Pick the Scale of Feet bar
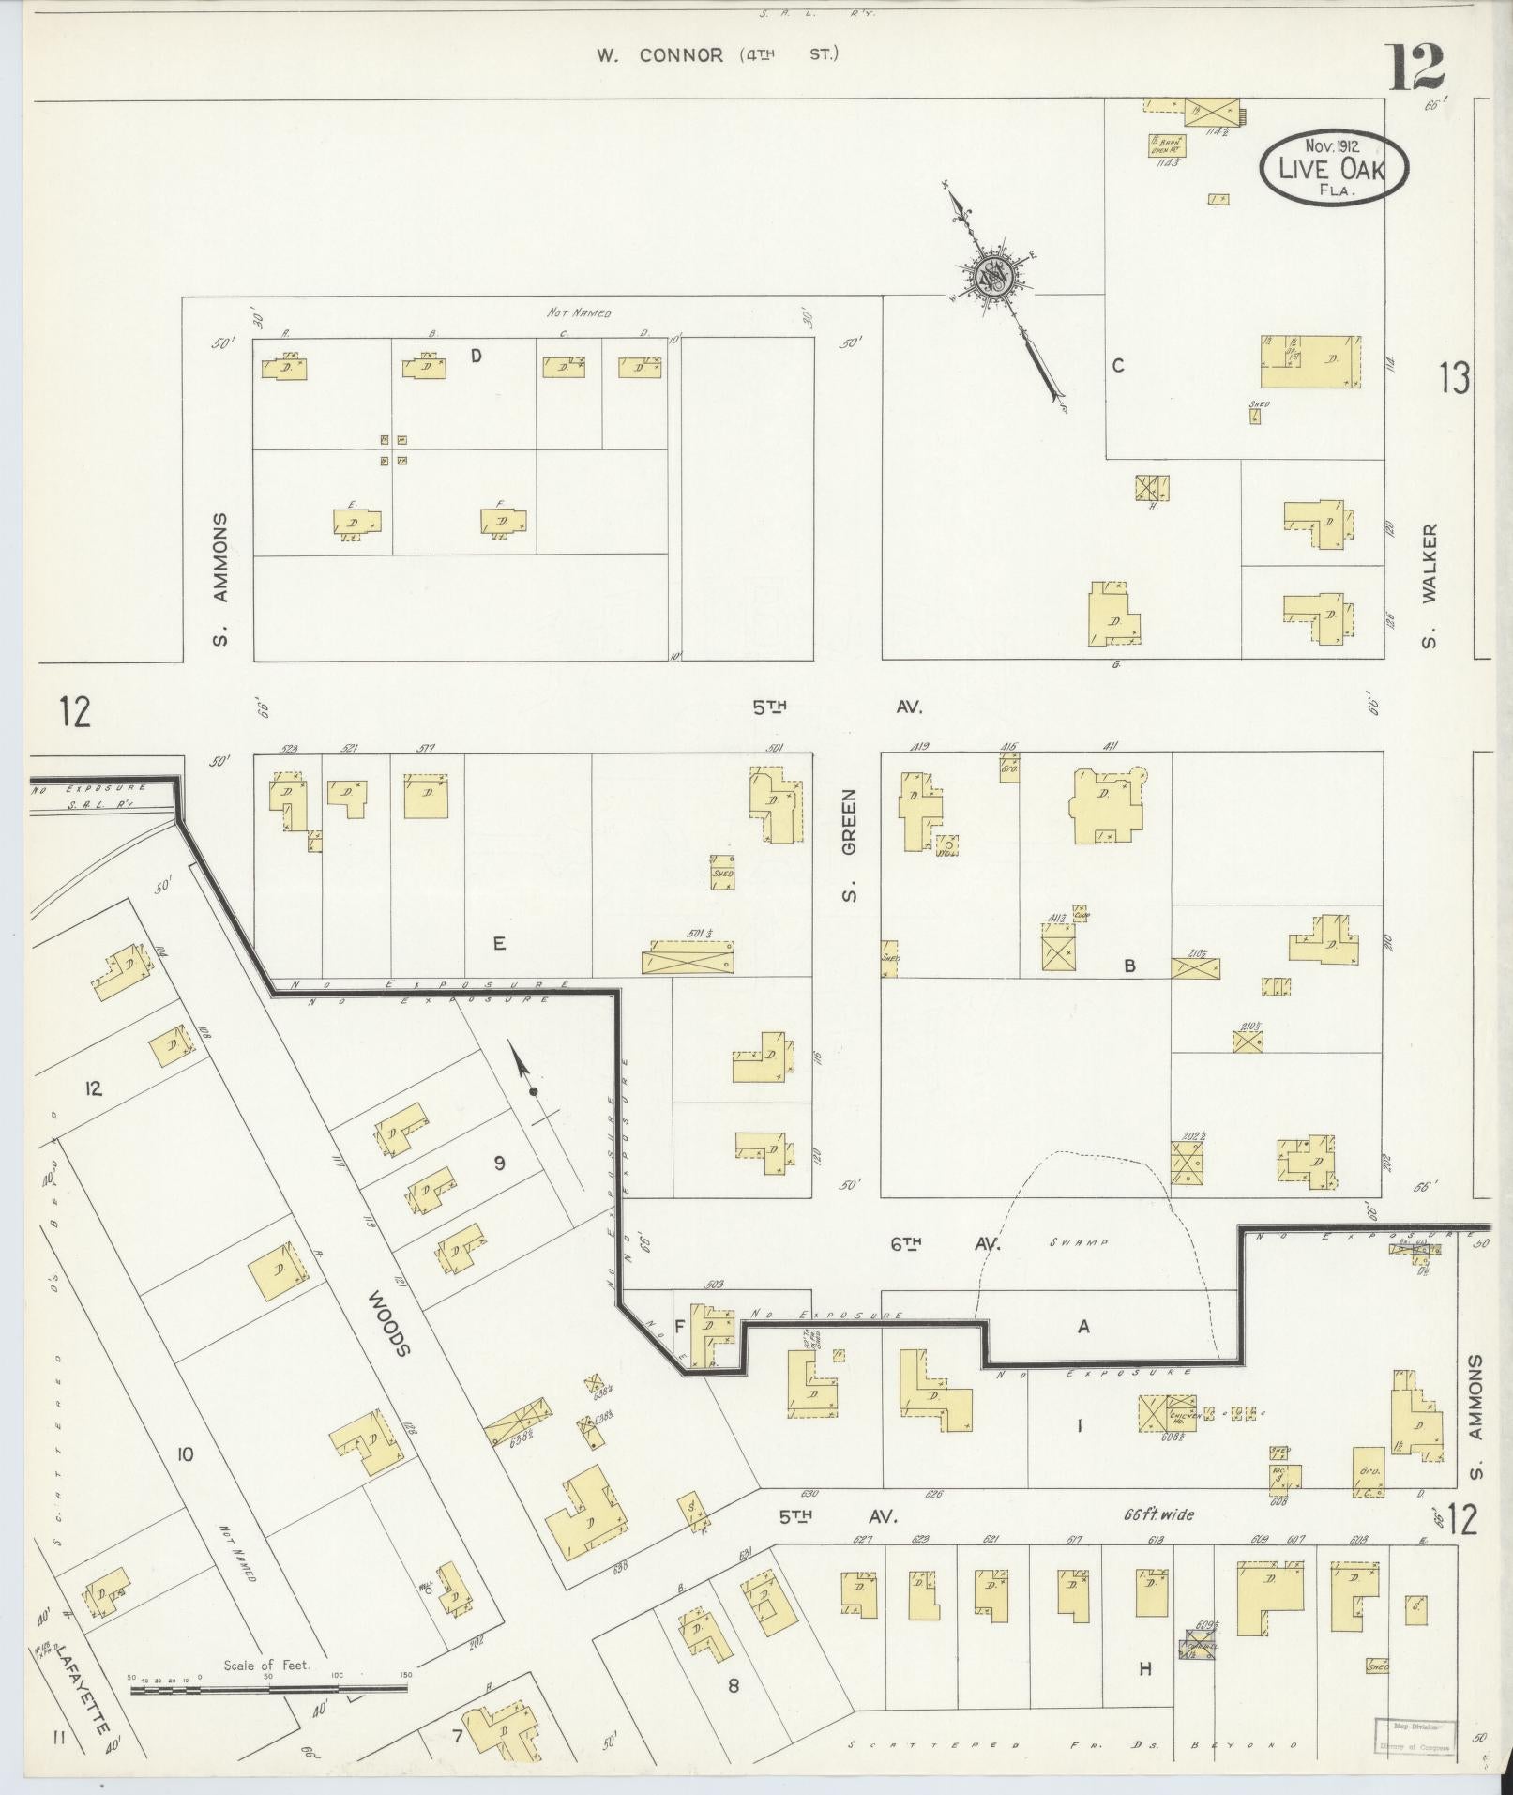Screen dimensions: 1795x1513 (x=268, y=1688)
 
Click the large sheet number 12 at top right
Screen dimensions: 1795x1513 (x=1416, y=68)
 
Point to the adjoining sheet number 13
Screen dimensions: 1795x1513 (x=1455, y=378)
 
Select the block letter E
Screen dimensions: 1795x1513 (x=499, y=943)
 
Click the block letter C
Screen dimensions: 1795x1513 (x=1118, y=366)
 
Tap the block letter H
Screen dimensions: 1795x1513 (x=1144, y=1668)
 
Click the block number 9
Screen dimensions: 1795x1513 (x=499, y=1164)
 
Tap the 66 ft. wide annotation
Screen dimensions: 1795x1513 (x=1159, y=1514)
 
